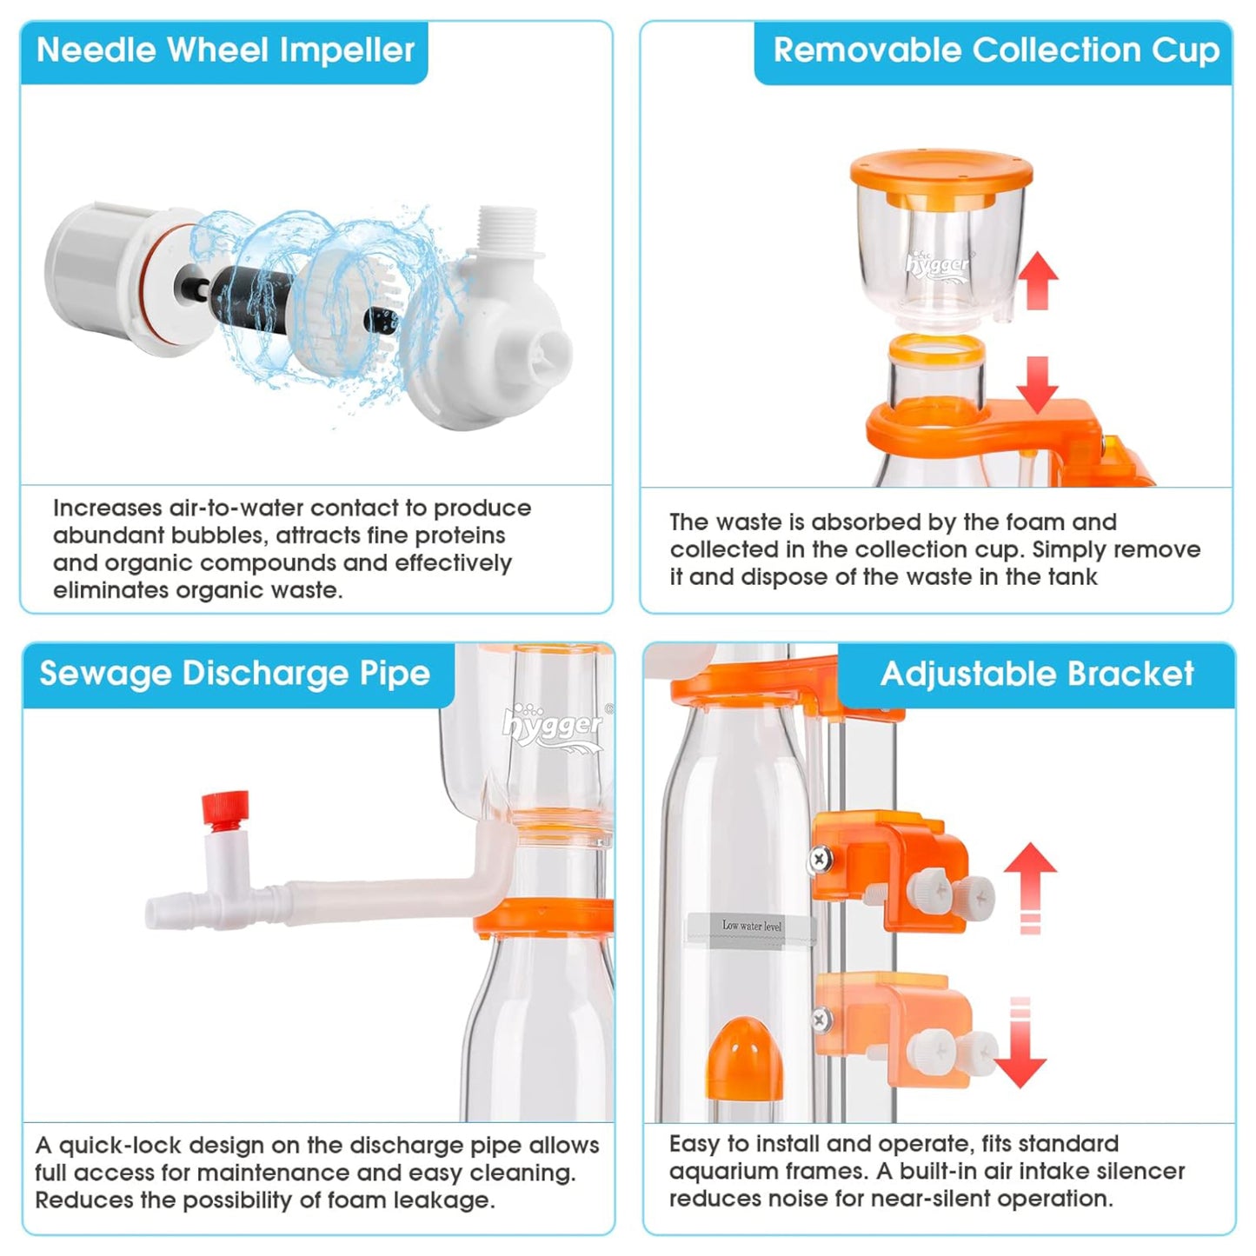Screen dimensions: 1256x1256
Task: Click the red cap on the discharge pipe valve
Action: (225, 810)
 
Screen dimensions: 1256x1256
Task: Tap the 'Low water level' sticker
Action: (752, 926)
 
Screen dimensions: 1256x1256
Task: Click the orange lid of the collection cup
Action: (941, 173)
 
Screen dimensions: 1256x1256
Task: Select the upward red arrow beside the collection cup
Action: (1039, 280)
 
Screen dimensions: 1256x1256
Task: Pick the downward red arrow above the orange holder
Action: (1037, 384)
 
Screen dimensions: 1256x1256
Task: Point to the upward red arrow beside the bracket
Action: (1031, 887)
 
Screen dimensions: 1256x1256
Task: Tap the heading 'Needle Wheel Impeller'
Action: (225, 50)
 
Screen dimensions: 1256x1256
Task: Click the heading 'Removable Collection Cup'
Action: (997, 50)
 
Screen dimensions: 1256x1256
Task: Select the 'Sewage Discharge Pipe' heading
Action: (235, 674)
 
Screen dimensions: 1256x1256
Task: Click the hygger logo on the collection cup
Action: (938, 263)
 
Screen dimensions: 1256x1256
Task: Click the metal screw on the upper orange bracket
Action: (820, 860)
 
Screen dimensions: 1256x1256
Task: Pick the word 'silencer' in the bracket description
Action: (1134, 1172)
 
